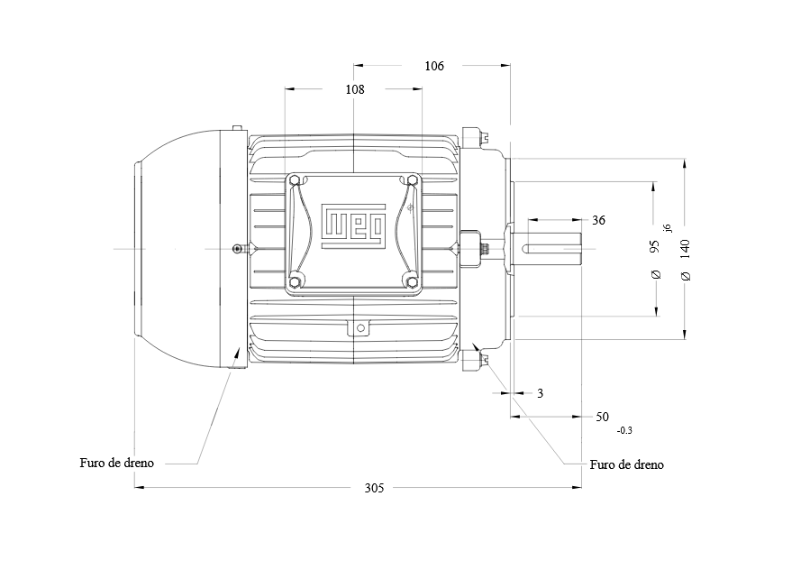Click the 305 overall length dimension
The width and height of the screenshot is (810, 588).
[x=374, y=488]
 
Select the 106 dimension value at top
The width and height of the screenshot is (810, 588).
[x=434, y=66]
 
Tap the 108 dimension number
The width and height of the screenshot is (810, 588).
[x=355, y=89]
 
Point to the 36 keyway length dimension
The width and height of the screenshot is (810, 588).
[x=598, y=220]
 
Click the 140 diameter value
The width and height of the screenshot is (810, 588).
[x=685, y=249]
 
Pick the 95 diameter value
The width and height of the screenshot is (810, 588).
[x=654, y=246]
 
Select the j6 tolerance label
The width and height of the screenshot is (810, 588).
[x=668, y=227]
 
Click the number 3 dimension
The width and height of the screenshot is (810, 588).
[x=540, y=393]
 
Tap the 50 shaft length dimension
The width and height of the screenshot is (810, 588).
[x=603, y=417]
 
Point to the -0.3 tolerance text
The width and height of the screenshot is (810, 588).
[x=624, y=430]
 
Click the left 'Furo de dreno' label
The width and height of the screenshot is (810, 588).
[x=117, y=463]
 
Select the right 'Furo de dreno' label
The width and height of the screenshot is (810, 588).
[x=626, y=464]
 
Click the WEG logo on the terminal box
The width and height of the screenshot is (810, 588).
[x=354, y=226]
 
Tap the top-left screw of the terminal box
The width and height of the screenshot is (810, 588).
[x=295, y=180]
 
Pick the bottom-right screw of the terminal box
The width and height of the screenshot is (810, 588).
[x=412, y=282]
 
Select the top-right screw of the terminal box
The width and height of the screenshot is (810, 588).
[x=412, y=180]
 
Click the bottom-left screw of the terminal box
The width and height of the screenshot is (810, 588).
[x=295, y=282]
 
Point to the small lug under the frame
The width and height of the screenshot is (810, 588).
[x=360, y=328]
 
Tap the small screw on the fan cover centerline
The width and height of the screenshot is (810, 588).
[x=237, y=249]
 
